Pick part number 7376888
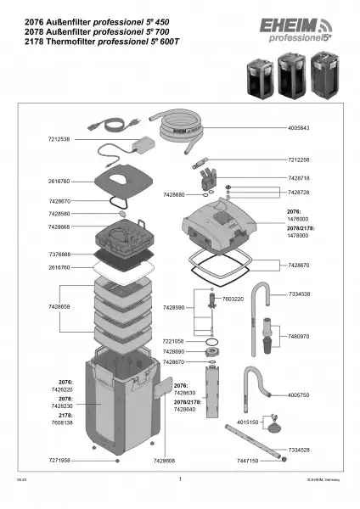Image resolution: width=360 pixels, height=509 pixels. click(55, 255)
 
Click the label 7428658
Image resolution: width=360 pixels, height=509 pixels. click(55, 306)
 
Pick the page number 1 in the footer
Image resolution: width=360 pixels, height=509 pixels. click(180, 479)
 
